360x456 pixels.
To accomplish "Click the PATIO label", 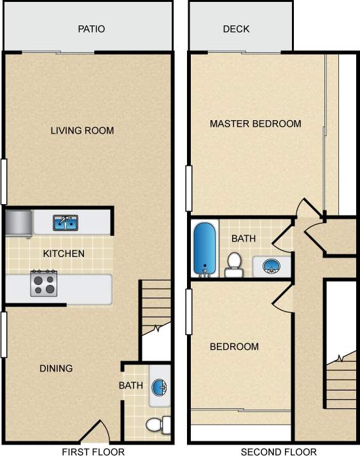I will click(91, 29).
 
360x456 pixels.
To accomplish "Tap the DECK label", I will click(236, 29).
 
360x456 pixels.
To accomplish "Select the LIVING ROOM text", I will click(82, 131).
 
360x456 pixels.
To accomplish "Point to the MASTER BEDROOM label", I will click(255, 123).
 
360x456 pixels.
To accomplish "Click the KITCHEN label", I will click(64, 254).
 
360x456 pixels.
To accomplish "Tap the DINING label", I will click(56, 368).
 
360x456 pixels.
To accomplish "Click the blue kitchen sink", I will click(65, 223).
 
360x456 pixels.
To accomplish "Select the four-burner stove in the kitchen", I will click(44, 283).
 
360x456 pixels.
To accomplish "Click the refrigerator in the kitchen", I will click(18, 223).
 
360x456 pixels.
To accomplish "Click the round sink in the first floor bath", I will click(160, 387).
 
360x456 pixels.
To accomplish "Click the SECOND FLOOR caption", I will click(278, 452).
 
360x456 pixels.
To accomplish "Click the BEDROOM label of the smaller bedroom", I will click(234, 347).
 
